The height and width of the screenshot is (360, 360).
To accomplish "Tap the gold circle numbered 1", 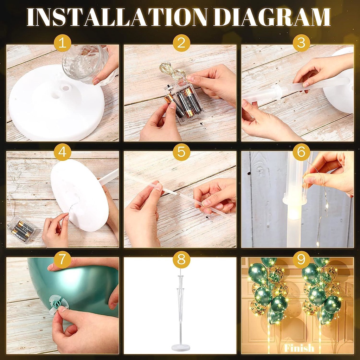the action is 63,43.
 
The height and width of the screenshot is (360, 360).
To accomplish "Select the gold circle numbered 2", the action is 181,43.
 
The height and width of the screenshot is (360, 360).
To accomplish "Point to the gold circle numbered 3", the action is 301,43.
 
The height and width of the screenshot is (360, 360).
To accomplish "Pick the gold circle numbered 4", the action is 63,152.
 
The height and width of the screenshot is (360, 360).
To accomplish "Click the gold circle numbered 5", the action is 181,152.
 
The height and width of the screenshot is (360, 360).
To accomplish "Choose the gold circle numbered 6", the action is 301,152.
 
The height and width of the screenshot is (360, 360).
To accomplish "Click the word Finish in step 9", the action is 299,348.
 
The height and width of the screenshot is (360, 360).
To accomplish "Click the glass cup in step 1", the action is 86,63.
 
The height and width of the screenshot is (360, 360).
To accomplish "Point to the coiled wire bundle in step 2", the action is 171,71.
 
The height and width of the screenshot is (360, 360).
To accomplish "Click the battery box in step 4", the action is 21,229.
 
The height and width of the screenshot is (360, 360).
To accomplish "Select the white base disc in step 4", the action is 79,195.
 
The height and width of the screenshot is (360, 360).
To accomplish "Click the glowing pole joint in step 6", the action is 295,200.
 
